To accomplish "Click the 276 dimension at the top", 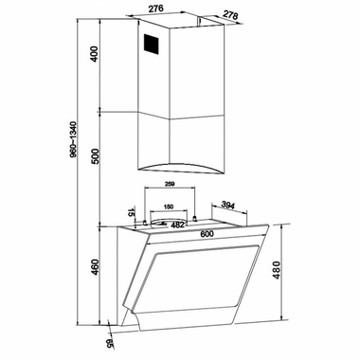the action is coord(156,9).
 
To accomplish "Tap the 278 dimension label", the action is coord(230,15).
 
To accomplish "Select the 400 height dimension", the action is coord(94,54).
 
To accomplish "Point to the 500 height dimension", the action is coord(95,156).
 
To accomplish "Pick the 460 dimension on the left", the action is coord(95,267).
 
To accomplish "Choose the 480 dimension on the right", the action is coord(277,270).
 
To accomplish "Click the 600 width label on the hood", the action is coord(207,234).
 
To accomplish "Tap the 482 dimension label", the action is coord(177,225).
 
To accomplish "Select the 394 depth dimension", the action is coord(227,205).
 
